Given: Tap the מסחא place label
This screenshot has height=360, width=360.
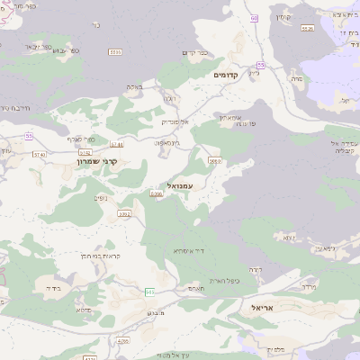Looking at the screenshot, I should pyautogui.click(x=83, y=309).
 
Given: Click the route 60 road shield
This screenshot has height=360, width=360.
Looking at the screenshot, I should pyautogui.click(x=255, y=18).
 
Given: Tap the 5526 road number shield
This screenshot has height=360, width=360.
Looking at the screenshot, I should pyautogui.click(x=308, y=28).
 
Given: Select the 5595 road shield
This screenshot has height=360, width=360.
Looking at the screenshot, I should pyautogui.click(x=114, y=52).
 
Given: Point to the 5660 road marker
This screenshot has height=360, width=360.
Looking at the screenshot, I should pyautogui.click(x=214, y=160).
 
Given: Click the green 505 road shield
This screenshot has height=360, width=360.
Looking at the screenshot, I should pyautogui.click(x=149, y=292).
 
